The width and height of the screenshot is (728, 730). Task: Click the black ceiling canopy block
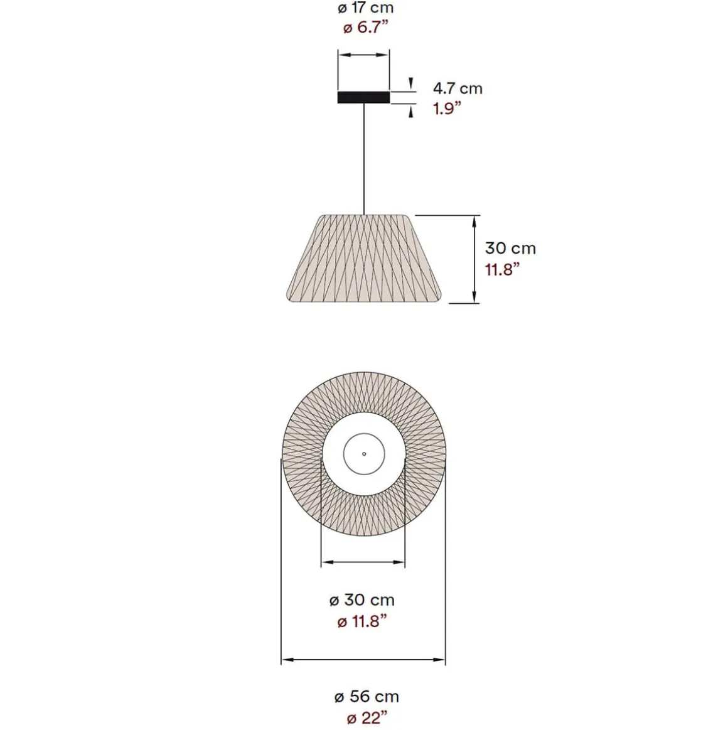363,97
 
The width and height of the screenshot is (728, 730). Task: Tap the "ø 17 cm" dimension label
365,8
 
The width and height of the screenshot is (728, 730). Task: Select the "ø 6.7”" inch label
367,28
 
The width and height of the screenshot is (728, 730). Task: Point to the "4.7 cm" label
458,88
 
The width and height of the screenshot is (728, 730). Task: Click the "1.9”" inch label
447,109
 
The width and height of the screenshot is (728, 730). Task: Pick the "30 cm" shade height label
510,248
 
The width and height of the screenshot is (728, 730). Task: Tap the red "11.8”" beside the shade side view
502,269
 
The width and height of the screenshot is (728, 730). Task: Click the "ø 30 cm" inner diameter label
362,600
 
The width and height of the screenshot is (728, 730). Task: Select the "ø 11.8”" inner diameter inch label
361,621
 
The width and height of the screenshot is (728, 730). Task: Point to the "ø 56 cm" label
366,696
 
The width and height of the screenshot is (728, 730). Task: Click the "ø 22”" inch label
367,717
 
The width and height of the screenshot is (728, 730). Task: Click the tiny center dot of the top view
364,453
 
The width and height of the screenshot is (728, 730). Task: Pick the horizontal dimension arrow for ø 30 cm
363,562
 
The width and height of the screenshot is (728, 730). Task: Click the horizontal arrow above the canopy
363,55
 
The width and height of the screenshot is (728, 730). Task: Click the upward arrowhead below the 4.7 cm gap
411,112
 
